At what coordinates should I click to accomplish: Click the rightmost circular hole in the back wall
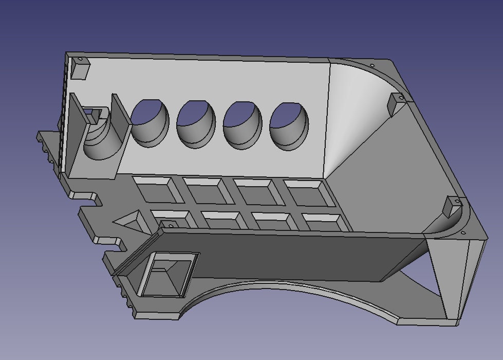pos(290,123)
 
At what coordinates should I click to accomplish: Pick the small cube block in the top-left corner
pos(80,68)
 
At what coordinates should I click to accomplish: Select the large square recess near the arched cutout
pos(169,274)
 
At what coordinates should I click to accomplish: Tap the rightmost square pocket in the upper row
pos(306,192)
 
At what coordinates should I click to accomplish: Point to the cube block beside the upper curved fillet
pos(396,104)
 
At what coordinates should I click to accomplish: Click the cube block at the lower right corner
pos(453,206)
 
